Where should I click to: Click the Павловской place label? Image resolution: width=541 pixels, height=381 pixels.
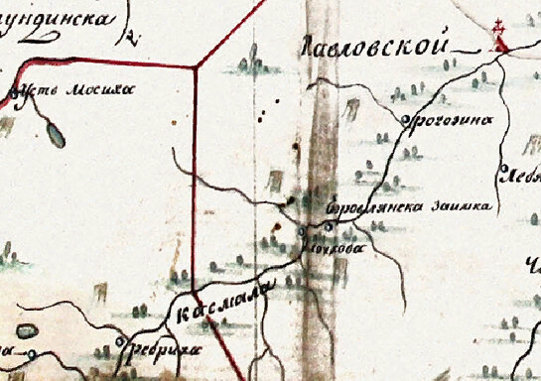pyautogui.click(x=373, y=47)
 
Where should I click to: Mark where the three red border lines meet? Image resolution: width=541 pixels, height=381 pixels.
pyautogui.click(x=197, y=67)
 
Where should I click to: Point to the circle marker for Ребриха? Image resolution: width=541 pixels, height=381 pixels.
pyautogui.click(x=119, y=341)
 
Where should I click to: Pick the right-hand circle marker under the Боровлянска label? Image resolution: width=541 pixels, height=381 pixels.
pyautogui.click(x=329, y=228)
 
